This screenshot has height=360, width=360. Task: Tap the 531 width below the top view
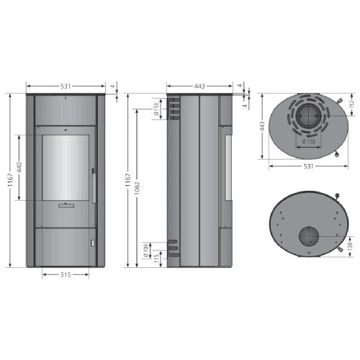click(308, 166)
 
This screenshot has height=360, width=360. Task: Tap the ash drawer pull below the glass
click(65, 206)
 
